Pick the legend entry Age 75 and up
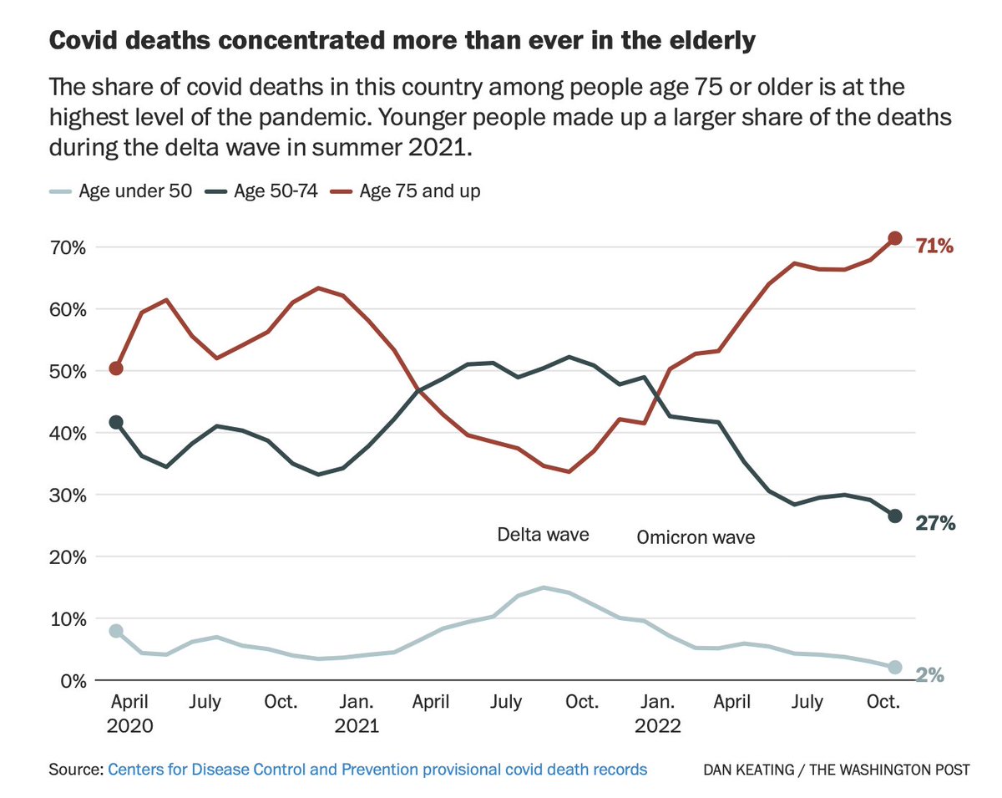point(408,191)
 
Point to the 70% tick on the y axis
point(68,247)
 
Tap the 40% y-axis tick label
point(68,433)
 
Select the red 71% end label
point(934,246)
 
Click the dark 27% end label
point(934,524)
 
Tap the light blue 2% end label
point(929,674)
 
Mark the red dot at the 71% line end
point(894,238)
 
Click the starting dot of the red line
point(116,369)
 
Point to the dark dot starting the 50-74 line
point(116,422)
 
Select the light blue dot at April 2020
point(116,631)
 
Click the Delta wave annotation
point(543,534)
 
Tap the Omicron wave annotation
point(696,537)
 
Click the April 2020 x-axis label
point(129,714)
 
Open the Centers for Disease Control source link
point(377,769)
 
